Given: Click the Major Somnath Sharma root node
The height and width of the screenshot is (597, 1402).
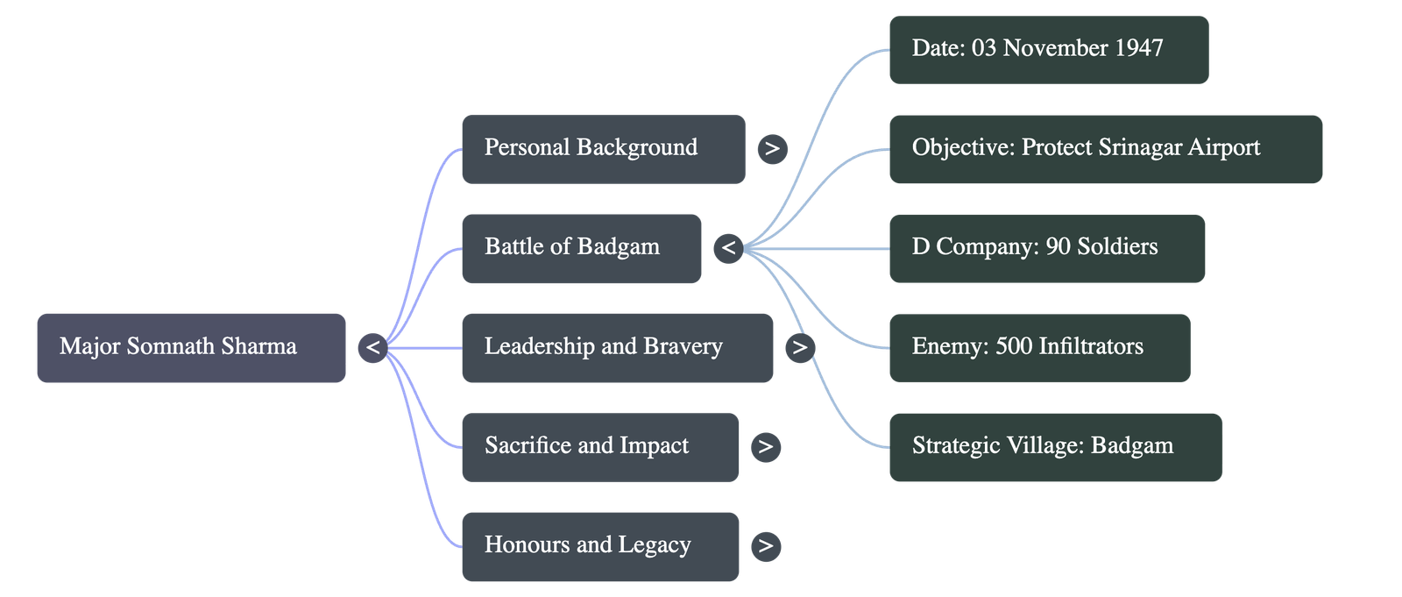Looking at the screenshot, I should tap(191, 347).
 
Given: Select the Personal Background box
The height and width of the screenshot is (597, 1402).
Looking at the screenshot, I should tap(603, 148).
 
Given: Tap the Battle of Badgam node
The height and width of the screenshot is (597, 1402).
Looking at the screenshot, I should tap(581, 248).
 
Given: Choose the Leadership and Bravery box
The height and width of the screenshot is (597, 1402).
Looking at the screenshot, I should tap(617, 347).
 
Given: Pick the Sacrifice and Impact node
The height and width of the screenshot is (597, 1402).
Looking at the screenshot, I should tap(599, 446).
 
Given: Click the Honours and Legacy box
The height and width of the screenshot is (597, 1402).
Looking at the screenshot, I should tap(599, 546).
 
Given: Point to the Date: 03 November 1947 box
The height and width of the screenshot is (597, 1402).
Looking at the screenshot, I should tap(1048, 49).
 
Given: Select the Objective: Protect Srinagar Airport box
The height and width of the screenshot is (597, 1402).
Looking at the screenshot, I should tap(1105, 148).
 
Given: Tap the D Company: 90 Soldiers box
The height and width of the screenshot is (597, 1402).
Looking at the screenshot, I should tap(1046, 248).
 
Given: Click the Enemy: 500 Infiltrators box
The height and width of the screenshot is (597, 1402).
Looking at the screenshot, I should tap(1039, 347).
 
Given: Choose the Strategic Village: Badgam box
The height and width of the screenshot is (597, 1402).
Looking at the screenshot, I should tap(1055, 446).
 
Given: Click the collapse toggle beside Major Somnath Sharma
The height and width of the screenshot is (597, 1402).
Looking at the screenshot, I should tap(372, 348).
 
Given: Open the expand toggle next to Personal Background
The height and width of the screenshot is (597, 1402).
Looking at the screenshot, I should tap(772, 149).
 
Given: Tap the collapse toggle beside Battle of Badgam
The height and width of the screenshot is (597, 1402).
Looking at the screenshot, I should tap(728, 249).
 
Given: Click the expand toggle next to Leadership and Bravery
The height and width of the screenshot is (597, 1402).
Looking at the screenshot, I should tap(799, 348).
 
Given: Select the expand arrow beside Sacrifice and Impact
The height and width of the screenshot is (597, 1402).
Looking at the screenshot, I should tap(766, 447).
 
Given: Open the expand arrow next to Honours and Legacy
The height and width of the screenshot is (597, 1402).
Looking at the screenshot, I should tap(766, 546).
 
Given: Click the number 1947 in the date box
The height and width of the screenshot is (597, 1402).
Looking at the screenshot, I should tap(1138, 48).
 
